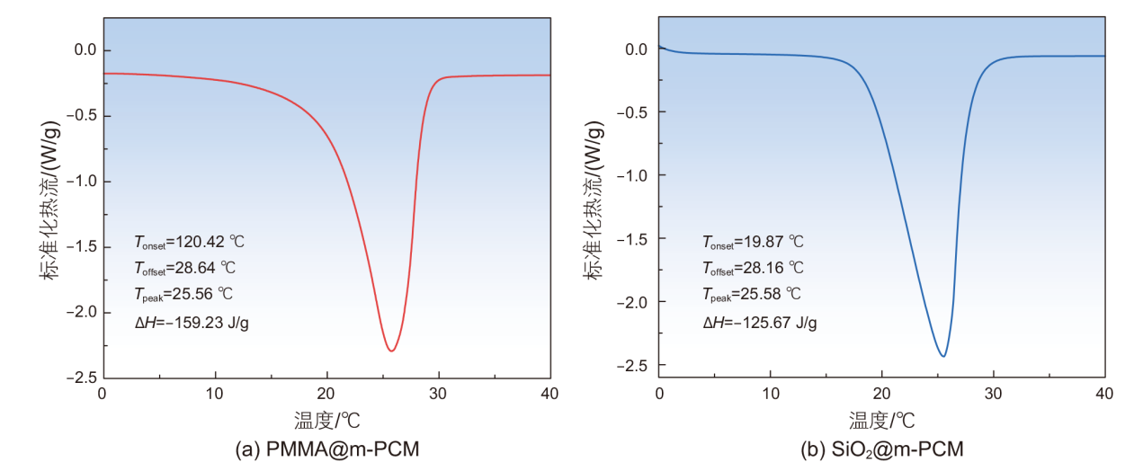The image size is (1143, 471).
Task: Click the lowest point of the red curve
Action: [x=391, y=351]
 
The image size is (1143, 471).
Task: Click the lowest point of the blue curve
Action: [x=942, y=357]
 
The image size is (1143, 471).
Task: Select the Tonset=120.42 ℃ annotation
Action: [x=189, y=242]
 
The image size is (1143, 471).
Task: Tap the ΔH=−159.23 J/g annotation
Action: [x=191, y=321]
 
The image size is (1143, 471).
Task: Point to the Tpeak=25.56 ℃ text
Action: [x=186, y=294]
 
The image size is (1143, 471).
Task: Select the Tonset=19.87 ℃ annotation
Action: [x=753, y=242]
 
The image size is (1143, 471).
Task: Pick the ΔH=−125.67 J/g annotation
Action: [x=759, y=321]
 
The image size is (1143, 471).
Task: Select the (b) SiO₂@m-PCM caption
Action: [x=881, y=449]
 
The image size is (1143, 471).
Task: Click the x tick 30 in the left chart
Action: [x=439, y=394]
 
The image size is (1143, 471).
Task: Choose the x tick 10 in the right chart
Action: [x=770, y=394]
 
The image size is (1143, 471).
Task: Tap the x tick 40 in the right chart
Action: [x=1104, y=394]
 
